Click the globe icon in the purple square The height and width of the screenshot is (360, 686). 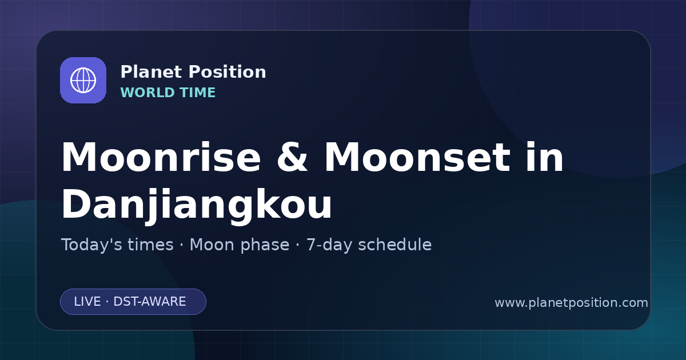point(83,80)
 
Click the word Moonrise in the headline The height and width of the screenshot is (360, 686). point(161,157)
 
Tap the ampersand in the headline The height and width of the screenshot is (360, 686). point(292,157)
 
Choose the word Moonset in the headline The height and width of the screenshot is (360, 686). point(417,157)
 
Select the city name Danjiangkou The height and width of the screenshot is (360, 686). point(197,205)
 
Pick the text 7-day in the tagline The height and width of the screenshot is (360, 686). point(329,245)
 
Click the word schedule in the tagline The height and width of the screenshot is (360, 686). point(395,245)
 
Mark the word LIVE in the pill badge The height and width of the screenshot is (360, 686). point(87,302)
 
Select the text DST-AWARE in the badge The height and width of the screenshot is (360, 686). point(150,302)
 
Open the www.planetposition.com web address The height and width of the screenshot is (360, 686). point(572,303)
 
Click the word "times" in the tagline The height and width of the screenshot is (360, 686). point(150,245)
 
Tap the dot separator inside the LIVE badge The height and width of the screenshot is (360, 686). point(107,302)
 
